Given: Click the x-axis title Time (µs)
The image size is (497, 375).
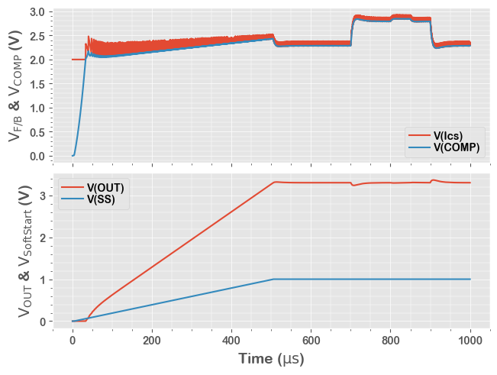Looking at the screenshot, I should point(271,358).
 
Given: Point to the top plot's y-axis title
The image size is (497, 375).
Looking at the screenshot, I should point(15,83).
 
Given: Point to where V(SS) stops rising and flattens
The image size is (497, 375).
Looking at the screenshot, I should point(273,280).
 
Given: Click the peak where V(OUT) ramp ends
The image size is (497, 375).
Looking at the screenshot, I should point(275,182).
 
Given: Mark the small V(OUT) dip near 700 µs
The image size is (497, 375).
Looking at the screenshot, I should point(353,186).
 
